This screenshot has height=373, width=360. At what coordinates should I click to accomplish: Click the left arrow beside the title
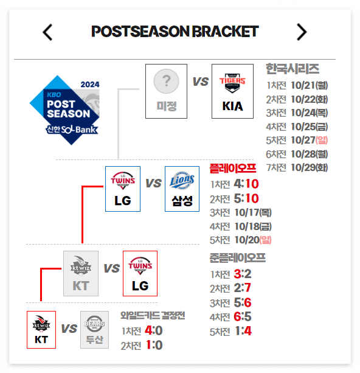pyautogui.click(x=47, y=32)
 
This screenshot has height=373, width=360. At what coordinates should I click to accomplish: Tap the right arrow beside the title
pyautogui.click(x=302, y=32)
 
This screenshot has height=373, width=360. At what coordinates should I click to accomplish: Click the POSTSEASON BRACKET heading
pyautogui.click(x=175, y=32)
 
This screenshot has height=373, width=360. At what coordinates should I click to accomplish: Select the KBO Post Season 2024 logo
pyautogui.click(x=64, y=110)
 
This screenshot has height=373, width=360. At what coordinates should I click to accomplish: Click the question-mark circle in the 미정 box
pyautogui.click(x=166, y=81)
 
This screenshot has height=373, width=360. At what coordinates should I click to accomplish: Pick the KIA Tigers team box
pyautogui.click(x=232, y=91)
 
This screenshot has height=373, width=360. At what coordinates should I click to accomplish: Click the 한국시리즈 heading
pyautogui.click(x=292, y=69)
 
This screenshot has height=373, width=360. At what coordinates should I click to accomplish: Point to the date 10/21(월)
pyautogui.click(x=309, y=85)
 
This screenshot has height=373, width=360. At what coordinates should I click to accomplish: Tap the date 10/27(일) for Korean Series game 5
pyautogui.click(x=309, y=141)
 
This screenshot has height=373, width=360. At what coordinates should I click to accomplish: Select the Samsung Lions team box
pyautogui.click(x=182, y=189)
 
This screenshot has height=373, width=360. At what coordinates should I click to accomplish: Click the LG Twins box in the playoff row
pyautogui.click(x=123, y=189)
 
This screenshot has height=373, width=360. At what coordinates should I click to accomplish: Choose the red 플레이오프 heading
pyautogui.click(x=233, y=169)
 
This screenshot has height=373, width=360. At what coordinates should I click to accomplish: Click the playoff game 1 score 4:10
pyautogui.click(x=246, y=184)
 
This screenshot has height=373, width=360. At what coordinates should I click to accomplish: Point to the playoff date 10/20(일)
pyautogui.click(x=253, y=240)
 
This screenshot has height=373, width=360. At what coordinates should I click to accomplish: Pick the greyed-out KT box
pyautogui.click(x=81, y=273)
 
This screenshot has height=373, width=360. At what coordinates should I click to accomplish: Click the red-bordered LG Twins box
pyautogui.click(x=140, y=273)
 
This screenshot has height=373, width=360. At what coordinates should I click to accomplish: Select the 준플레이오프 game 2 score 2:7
pyautogui.click(x=242, y=288)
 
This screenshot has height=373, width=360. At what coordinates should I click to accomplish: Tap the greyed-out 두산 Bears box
pyautogui.click(x=94, y=330)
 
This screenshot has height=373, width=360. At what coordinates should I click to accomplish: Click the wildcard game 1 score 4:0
pyautogui.click(x=154, y=330)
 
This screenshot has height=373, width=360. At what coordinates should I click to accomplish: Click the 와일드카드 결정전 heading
pyautogui.click(x=153, y=315)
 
